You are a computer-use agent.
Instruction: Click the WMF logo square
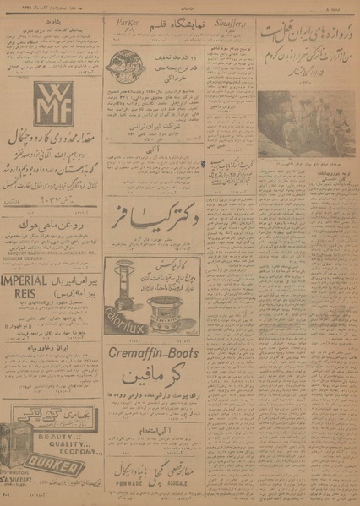(x=31, y=103)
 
